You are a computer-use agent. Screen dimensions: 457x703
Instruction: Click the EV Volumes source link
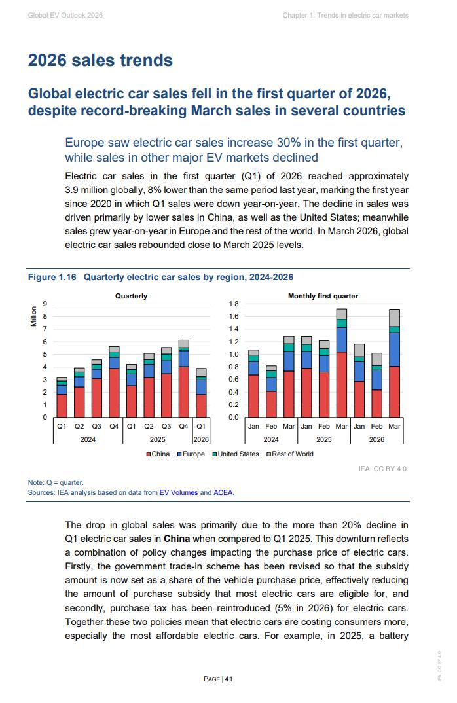(179, 492)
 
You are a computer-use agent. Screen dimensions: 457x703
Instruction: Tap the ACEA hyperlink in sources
(223, 492)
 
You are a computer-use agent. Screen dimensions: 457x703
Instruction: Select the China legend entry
(158, 454)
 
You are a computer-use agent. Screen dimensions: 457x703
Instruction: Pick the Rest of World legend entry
(290, 454)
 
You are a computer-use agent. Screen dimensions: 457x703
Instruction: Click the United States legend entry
(236, 454)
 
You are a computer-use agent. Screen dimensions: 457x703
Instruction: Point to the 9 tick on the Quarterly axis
(45, 304)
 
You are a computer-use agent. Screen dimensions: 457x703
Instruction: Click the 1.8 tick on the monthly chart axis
(234, 304)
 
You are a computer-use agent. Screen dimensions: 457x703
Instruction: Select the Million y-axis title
(33, 316)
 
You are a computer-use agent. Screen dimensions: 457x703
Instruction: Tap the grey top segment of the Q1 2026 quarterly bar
(201, 372)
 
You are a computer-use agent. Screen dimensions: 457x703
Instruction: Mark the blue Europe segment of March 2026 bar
(394, 350)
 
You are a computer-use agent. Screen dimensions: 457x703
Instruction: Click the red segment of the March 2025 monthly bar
(341, 385)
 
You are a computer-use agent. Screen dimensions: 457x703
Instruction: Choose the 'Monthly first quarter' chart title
(323, 296)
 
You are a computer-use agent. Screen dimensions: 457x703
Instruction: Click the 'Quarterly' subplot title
(131, 296)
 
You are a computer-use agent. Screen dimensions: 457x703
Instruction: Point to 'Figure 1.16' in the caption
(52, 277)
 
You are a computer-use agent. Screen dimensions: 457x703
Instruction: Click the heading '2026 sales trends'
(100, 60)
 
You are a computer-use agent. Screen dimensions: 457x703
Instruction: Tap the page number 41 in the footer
(228, 679)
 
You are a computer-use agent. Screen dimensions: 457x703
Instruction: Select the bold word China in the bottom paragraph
(177, 539)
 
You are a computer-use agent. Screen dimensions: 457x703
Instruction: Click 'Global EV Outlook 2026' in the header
(65, 15)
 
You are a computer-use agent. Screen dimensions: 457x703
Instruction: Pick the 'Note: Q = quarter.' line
(56, 482)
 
